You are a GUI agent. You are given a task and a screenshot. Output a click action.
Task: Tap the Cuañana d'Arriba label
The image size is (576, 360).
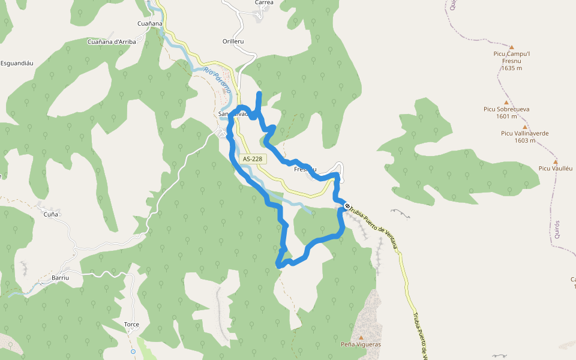point(112,41)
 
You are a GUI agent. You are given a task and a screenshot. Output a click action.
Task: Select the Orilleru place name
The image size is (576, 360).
point(233,41)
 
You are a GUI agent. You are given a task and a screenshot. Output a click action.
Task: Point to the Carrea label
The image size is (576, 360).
point(264,3)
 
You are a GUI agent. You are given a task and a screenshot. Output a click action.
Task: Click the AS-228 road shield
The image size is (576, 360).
point(253,158)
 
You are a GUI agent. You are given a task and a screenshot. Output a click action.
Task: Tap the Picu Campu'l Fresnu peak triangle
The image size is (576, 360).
point(512,47)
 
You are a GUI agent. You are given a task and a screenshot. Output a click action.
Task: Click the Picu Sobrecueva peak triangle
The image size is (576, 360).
point(507,102)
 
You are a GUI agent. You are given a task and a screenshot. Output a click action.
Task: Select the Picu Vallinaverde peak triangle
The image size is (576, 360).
point(525,127)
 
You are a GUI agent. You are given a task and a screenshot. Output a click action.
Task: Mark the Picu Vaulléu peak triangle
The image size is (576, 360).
point(556,161)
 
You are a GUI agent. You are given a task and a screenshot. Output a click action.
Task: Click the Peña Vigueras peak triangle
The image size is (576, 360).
point(361,337)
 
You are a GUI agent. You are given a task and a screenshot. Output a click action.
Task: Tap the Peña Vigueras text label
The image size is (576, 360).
point(361,344)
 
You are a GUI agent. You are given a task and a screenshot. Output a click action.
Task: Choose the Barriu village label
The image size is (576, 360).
point(61,278)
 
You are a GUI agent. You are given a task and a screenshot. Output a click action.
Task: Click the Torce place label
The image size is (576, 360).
point(131,325)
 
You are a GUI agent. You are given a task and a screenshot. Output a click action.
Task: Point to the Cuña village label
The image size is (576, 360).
point(51,213)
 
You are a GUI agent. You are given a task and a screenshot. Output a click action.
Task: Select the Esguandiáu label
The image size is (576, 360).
point(16,63)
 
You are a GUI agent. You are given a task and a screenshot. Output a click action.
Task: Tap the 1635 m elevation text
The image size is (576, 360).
point(511,68)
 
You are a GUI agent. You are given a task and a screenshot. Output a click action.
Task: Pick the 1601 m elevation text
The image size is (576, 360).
point(507,116)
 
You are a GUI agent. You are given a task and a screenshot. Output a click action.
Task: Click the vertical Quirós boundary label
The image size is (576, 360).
point(557,229)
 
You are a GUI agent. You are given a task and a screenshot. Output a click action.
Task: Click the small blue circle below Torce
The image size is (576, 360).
point(133,351)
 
